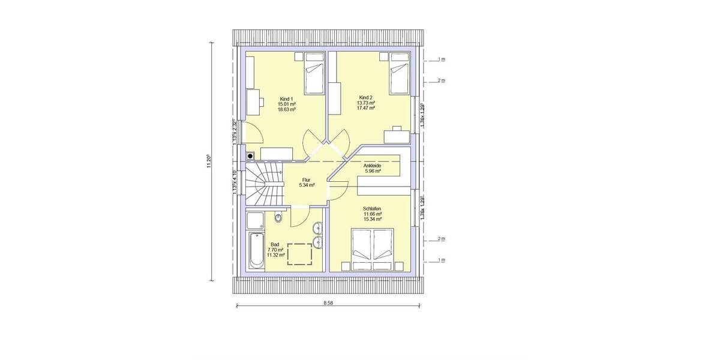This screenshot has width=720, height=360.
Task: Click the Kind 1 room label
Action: click(x=286, y=99)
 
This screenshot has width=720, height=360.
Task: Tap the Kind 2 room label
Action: click(x=366, y=97)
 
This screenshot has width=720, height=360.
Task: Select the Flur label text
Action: click(x=307, y=179)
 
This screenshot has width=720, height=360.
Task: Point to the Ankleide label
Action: click(x=373, y=166)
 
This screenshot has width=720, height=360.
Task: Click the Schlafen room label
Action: click(x=372, y=209)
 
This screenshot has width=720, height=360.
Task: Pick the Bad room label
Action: click(x=275, y=244)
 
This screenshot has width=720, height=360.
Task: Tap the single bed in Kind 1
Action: click(x=314, y=74)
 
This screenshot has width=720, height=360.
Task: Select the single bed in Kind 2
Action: click(x=399, y=74)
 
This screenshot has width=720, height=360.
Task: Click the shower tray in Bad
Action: click(x=255, y=220)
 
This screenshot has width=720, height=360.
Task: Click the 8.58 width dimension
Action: click(x=328, y=304)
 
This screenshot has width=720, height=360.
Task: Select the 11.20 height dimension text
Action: click(x=209, y=161)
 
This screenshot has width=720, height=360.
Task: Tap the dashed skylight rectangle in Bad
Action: click(x=300, y=254)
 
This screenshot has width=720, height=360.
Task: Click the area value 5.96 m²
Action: click(x=373, y=171)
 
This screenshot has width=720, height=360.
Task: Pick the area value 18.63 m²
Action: click(x=286, y=110)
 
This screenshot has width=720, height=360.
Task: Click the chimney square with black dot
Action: click(x=250, y=156)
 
